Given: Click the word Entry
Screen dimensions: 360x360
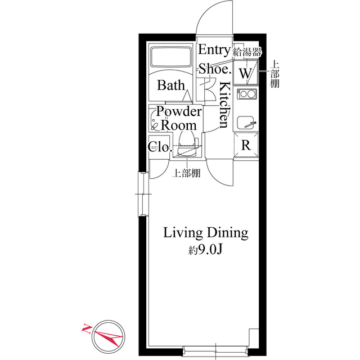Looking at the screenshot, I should coord(214,50).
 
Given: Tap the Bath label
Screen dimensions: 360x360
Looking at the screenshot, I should coord(171,85).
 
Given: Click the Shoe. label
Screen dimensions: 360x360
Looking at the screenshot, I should coord(214,69).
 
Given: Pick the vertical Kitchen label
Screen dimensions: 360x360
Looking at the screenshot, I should coord(224,105).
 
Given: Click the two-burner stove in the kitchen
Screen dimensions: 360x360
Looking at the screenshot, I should coord(246,94).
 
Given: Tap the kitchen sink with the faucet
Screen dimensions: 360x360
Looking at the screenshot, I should coord(246,122).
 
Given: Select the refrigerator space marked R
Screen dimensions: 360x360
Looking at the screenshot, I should coord(246,145).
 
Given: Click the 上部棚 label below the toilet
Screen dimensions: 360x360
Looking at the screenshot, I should coord(186,173).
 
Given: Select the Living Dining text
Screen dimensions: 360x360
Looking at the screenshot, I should coord(206,232).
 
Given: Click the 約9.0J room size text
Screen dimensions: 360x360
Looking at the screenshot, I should coord(206,251).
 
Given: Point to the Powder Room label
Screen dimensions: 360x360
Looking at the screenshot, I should coord(179,118).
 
